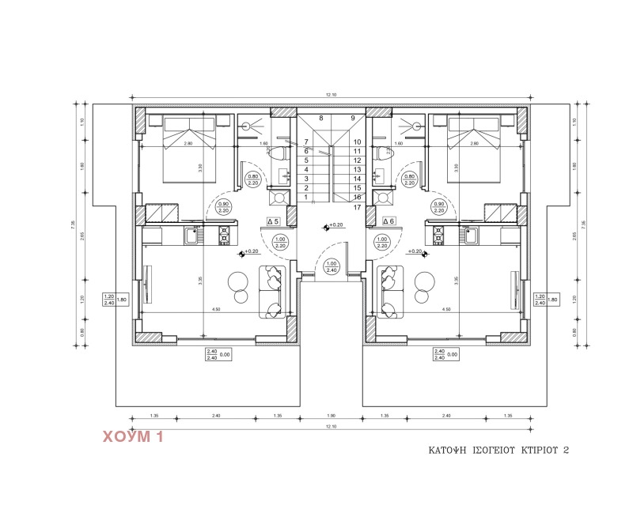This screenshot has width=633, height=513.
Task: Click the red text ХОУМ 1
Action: click(x=132, y=436)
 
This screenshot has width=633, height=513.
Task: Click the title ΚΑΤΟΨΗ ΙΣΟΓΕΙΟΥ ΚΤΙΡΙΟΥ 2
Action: click(x=498, y=450)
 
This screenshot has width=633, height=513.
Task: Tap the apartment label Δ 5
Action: click(x=273, y=221)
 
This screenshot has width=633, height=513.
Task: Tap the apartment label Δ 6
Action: click(x=388, y=221)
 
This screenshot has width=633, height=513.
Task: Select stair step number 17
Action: click(x=358, y=207)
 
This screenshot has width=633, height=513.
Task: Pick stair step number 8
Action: click(x=320, y=119)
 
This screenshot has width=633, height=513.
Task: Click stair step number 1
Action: click(x=305, y=198)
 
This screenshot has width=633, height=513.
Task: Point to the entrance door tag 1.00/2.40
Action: click(x=332, y=267)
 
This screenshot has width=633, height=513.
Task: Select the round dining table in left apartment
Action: click(x=237, y=281)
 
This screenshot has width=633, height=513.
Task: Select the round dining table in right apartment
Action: click(x=424, y=281)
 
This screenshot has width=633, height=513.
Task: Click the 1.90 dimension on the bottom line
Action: click(x=332, y=415)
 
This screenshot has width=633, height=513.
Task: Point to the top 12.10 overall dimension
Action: click(x=332, y=95)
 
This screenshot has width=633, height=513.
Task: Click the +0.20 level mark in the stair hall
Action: click(x=335, y=225)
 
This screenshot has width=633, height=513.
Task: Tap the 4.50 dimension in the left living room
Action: click(x=215, y=310)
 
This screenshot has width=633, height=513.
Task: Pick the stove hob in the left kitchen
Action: click(x=224, y=234)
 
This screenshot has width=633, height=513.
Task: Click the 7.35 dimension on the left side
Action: click(x=73, y=224)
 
